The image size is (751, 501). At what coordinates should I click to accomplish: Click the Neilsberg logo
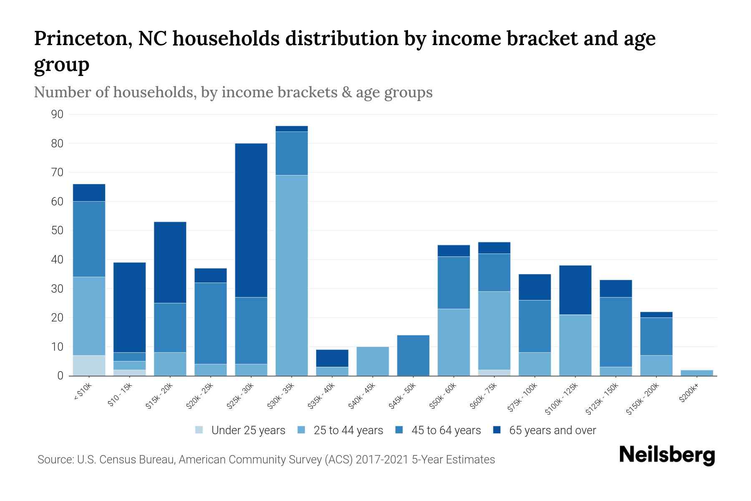667,455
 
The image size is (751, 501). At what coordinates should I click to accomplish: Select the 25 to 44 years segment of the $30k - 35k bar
292,276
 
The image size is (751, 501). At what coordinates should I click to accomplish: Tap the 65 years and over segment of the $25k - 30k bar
251,220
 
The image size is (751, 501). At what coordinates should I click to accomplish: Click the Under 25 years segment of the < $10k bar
89,365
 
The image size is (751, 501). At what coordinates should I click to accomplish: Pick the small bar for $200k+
697,373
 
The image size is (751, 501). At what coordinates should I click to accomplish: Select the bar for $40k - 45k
373,361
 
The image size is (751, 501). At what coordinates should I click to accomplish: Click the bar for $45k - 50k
413,355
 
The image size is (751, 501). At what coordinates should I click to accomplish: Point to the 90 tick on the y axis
57,114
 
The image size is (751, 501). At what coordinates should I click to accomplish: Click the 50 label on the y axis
57,230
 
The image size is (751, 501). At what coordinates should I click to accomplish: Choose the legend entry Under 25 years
248,430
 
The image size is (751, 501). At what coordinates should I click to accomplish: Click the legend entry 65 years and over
552,430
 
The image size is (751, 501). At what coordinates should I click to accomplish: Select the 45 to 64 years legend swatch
399,430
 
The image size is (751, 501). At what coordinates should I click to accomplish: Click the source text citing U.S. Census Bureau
266,460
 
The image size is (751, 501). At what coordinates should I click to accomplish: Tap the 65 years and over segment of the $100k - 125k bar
575,290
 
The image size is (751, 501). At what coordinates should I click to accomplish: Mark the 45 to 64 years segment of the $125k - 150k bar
615,332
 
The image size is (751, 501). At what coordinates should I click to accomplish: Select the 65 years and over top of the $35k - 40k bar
332,358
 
